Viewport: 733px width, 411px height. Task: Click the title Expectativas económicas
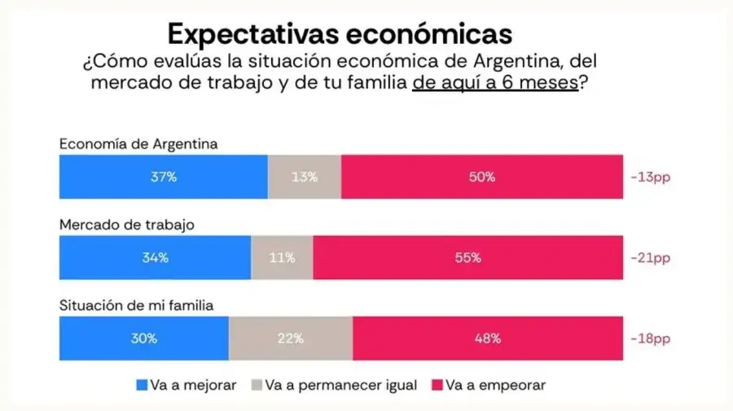pyautogui.click(x=340, y=33)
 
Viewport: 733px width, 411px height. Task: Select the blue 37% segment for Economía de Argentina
pyautogui.click(x=163, y=177)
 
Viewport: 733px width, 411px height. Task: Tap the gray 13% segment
pyautogui.click(x=305, y=177)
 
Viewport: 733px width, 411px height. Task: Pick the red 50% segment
pyautogui.click(x=482, y=177)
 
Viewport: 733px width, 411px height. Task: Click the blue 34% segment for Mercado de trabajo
pyautogui.click(x=155, y=258)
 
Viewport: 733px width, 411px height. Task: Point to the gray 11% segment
pyautogui.click(x=282, y=258)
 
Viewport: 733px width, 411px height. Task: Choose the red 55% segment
pyautogui.click(x=468, y=258)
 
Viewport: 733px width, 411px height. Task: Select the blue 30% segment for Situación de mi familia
pyautogui.click(x=144, y=339)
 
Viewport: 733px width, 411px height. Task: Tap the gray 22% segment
pyautogui.click(x=291, y=339)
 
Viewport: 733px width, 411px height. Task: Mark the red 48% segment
pyautogui.click(x=488, y=339)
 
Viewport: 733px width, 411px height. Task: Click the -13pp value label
pyautogui.click(x=653, y=177)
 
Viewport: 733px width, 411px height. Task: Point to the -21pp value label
pyautogui.click(x=653, y=258)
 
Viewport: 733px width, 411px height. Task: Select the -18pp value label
pyautogui.click(x=653, y=339)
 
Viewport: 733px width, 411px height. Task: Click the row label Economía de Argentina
pyautogui.click(x=138, y=144)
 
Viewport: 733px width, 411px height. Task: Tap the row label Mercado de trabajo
pyautogui.click(x=126, y=225)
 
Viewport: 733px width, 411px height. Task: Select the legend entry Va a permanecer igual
pyautogui.click(x=334, y=384)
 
